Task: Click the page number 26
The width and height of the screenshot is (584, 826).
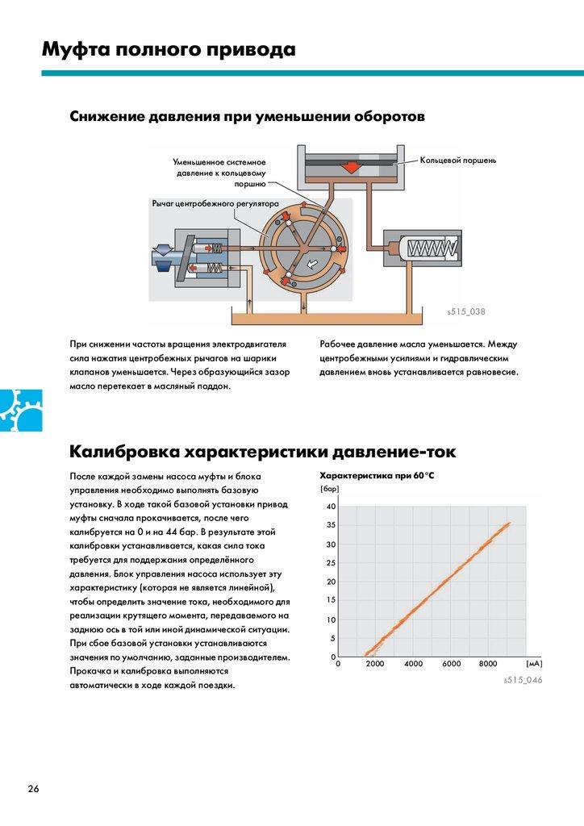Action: pos(32,788)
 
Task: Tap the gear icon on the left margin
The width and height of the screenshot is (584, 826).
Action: pos(14,410)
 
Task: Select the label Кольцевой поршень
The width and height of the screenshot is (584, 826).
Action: pos(457,161)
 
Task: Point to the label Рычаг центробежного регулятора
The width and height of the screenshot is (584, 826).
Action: pos(215,205)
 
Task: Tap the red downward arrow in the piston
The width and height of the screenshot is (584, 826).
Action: pos(351,167)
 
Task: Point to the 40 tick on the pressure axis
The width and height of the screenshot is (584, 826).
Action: pos(330,507)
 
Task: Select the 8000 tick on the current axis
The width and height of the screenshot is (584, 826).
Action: pos(488,664)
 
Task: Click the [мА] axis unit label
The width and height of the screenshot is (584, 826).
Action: pos(533,663)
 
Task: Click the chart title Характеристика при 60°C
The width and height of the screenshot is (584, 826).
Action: pos(377,475)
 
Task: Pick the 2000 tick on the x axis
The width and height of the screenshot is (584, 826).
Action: pos(376,664)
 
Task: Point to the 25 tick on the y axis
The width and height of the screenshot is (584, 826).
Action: pos(330,563)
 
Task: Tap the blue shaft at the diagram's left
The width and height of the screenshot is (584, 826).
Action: pos(162,257)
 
